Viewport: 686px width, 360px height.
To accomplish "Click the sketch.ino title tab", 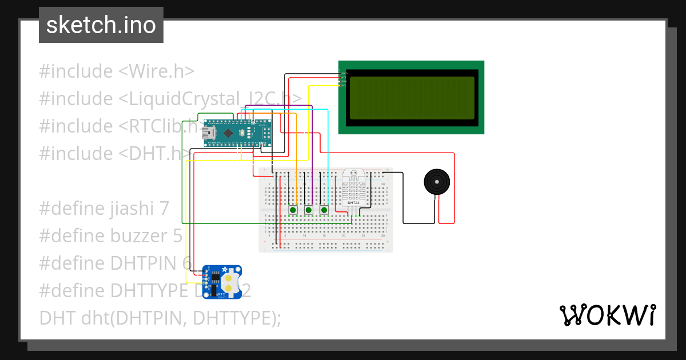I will (101, 25).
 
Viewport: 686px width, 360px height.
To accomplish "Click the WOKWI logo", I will (607, 315).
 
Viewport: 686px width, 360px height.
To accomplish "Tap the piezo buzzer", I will (437, 182).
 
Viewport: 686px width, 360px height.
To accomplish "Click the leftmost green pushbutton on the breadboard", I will (293, 210).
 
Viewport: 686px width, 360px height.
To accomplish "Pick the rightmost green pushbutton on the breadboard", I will (324, 210).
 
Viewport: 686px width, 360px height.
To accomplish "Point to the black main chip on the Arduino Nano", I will (228, 133).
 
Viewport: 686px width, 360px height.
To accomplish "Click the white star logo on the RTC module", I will (225, 269).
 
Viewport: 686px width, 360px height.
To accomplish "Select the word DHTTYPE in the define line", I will (145, 290).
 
